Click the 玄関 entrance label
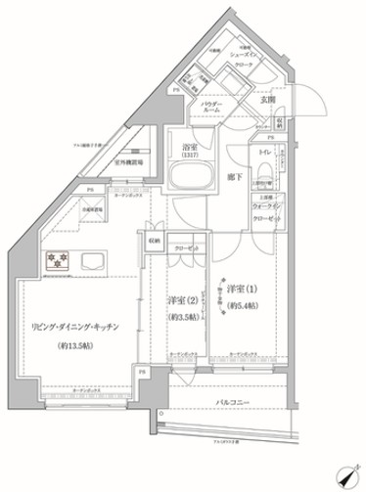(267, 100)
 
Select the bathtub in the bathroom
(190, 177)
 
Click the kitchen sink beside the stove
(94, 259)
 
